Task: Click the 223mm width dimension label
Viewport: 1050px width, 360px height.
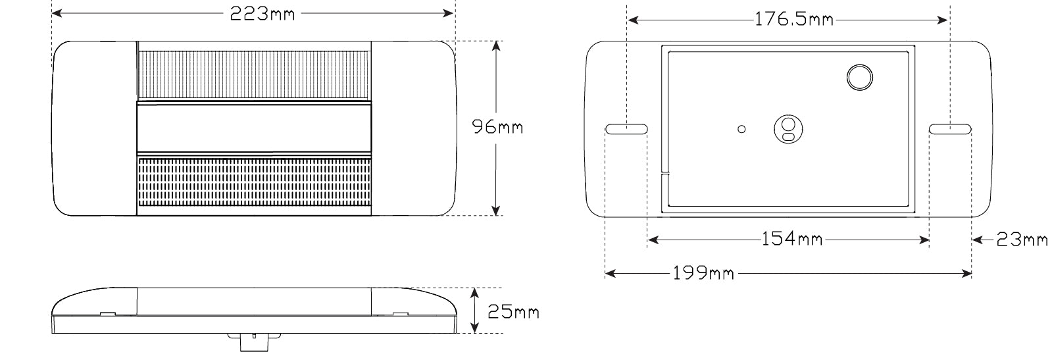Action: tap(262, 14)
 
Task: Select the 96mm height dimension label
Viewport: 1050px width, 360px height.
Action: tap(497, 126)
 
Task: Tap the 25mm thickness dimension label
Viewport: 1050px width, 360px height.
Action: tap(513, 311)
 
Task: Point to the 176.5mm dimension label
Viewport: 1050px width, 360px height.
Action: tap(793, 20)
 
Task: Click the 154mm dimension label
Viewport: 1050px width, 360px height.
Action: tap(791, 239)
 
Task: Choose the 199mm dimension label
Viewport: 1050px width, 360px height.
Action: tap(703, 272)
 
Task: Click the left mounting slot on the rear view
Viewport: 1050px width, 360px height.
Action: tap(626, 130)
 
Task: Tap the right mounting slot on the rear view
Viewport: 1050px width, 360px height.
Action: tap(951, 130)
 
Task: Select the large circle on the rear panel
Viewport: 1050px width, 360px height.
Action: tap(859, 78)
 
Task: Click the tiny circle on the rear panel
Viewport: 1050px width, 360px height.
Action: tap(741, 129)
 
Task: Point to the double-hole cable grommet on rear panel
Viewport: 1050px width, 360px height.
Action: tap(787, 128)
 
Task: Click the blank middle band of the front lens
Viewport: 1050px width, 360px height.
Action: tap(254, 128)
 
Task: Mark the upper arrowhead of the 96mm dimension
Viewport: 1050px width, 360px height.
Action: tap(496, 46)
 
